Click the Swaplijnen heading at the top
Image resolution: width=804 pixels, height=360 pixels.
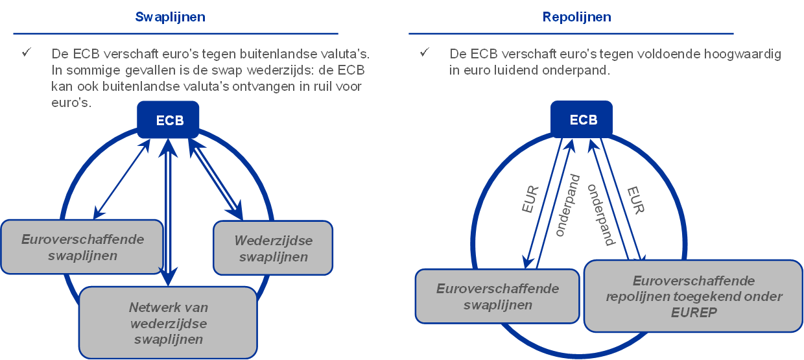(x=170, y=17)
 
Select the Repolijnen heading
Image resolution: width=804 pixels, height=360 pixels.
(x=576, y=17)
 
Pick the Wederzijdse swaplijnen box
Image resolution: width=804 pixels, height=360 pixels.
(x=273, y=248)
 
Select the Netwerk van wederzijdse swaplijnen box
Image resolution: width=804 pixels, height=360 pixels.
(x=168, y=322)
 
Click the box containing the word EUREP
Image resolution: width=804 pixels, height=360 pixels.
(x=694, y=296)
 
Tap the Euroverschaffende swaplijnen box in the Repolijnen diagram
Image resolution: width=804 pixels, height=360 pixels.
(x=497, y=296)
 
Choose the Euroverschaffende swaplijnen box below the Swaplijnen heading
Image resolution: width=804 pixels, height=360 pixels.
(x=82, y=247)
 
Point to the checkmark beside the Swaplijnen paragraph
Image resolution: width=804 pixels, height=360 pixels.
(x=27, y=52)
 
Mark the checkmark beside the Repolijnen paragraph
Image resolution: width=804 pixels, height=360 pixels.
(x=425, y=52)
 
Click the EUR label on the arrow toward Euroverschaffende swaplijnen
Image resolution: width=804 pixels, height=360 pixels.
(x=530, y=199)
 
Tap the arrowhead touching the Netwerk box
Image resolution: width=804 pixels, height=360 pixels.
(x=169, y=280)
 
